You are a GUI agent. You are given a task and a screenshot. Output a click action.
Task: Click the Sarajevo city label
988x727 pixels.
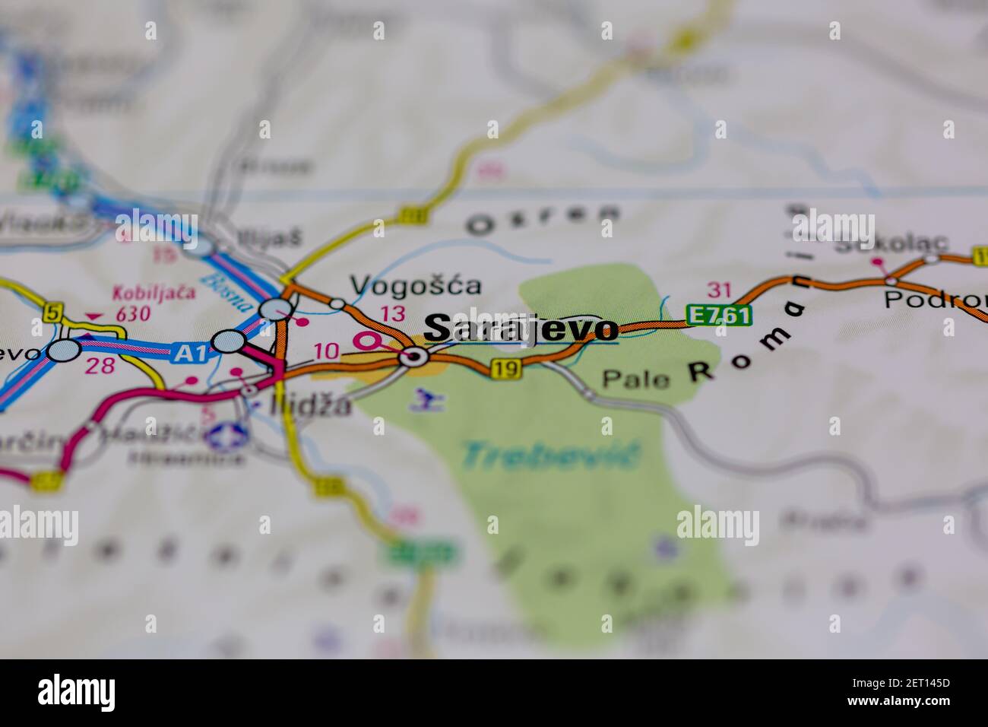[x=521, y=329]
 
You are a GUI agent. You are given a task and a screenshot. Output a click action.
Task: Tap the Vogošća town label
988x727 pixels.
[x=415, y=285]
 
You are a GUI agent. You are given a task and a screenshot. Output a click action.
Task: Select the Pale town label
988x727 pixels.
[x=636, y=379]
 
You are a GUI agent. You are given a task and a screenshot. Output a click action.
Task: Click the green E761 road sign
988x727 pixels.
[x=718, y=314]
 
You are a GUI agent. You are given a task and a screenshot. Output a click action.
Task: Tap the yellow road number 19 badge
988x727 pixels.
[x=506, y=369]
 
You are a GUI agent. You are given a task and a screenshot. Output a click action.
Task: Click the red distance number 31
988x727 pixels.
[x=718, y=289]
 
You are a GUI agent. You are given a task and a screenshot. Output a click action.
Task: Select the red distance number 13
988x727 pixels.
[x=392, y=313]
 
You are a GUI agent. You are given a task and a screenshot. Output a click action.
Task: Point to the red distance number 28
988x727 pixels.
[x=100, y=366]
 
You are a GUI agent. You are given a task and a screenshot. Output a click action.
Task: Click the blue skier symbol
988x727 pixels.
[x=426, y=399]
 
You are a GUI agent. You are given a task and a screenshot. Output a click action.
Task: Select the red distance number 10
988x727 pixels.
[x=326, y=351]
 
